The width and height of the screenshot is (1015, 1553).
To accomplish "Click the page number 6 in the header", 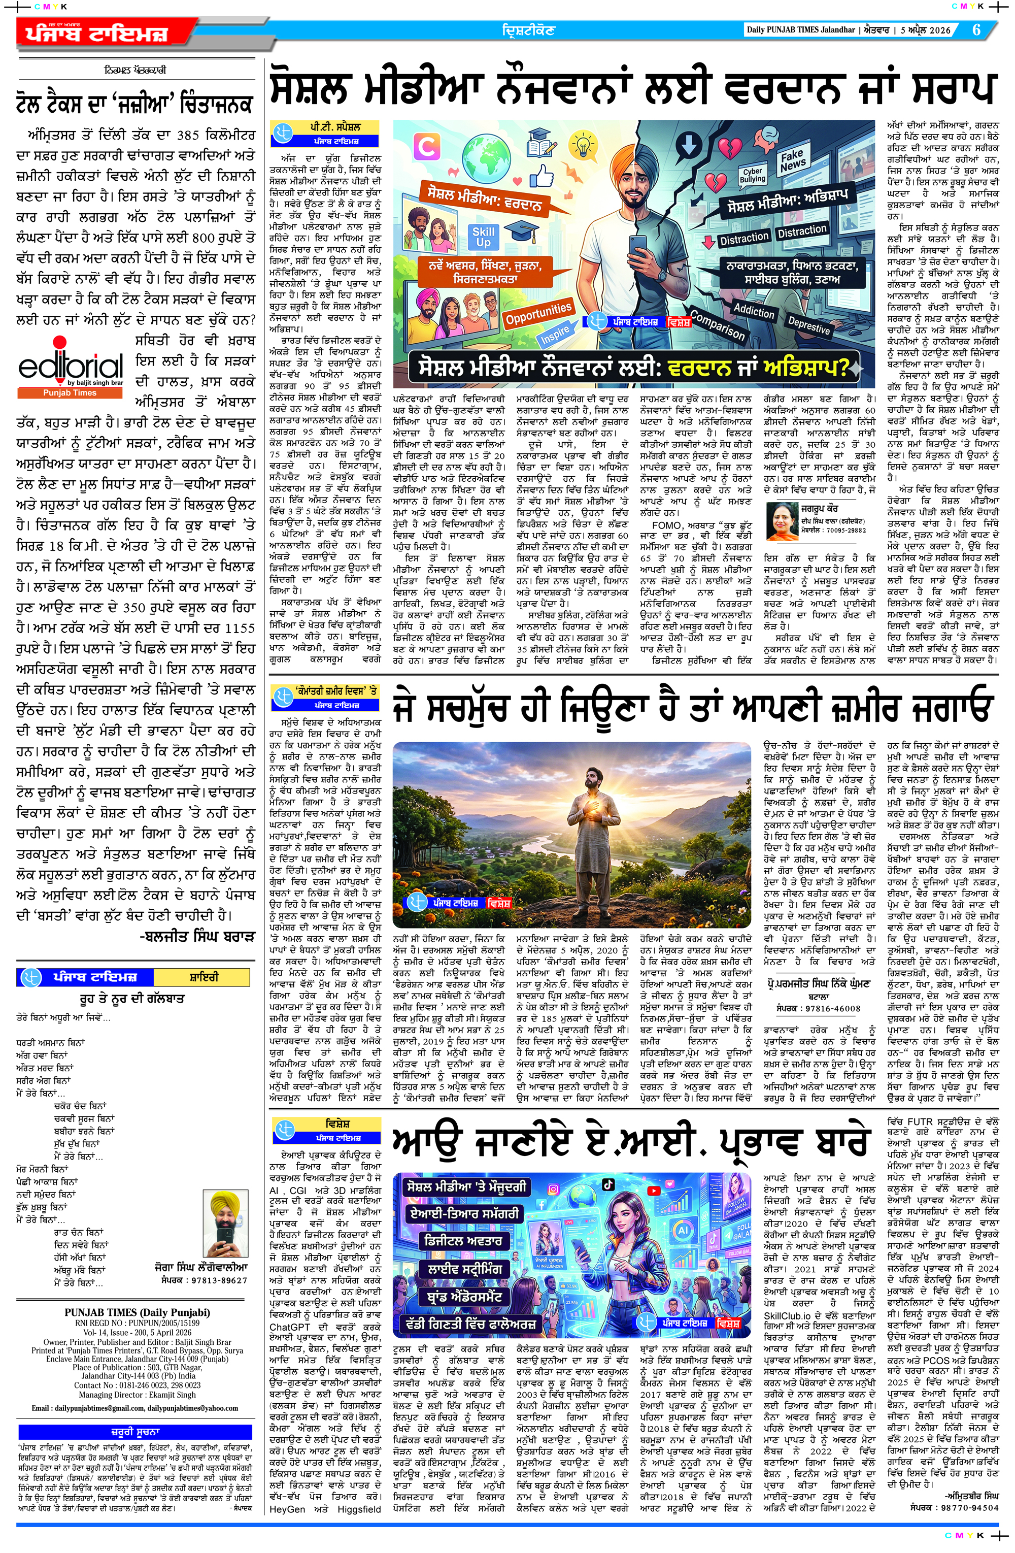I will [976, 30].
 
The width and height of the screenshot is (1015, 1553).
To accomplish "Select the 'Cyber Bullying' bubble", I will [752, 175].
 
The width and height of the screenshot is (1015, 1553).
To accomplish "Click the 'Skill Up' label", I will [483, 236].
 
